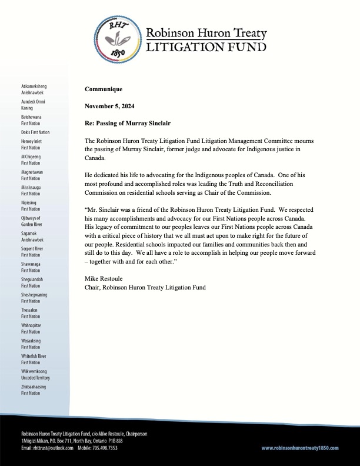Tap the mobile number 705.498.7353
(x=105, y=448)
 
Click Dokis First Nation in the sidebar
(x=35, y=132)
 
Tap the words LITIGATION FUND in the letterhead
(x=205, y=46)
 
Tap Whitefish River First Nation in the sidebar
(x=35, y=359)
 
